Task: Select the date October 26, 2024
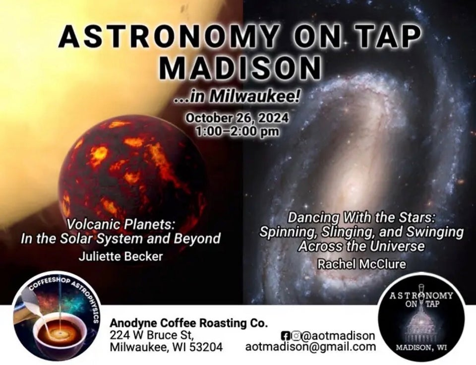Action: click(237, 118)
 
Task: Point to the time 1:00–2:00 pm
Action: click(237, 131)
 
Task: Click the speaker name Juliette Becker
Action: click(120, 256)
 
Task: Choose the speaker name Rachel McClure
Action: click(361, 264)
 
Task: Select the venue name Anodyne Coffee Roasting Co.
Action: click(189, 323)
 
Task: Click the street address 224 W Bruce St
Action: click(152, 335)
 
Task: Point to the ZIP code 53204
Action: click(206, 347)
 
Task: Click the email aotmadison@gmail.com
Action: click(310, 347)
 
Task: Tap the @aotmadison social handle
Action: click(338, 336)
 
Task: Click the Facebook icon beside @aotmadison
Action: click(285, 336)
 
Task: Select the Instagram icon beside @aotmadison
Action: click(296, 336)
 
